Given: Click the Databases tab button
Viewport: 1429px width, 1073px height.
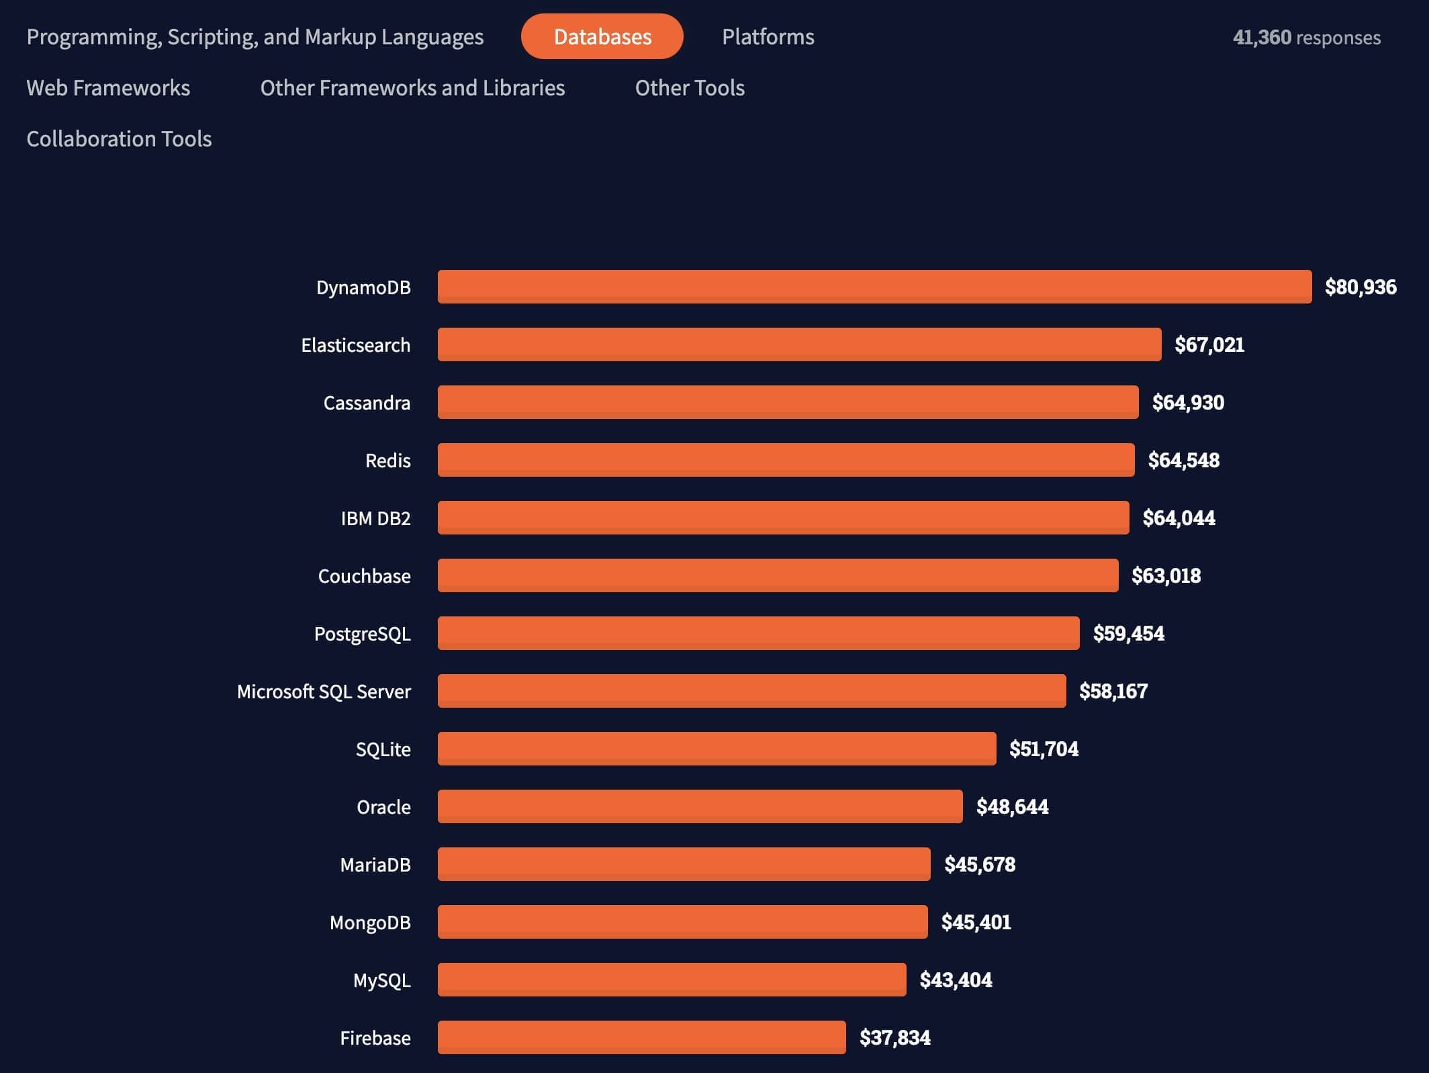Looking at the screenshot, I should [x=602, y=36].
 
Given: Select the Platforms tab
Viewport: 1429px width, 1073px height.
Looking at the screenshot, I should [x=768, y=36].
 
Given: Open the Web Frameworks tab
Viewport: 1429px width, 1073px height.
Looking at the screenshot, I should [x=108, y=88].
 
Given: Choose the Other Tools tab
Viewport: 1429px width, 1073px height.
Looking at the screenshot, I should [x=690, y=88].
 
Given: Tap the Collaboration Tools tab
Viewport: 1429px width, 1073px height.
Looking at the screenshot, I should [x=119, y=139].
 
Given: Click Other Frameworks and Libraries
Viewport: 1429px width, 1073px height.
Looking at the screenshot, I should [x=412, y=88].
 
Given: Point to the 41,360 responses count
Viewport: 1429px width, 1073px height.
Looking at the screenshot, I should [x=1306, y=37].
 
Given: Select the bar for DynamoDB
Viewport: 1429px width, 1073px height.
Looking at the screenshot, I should [x=874, y=287].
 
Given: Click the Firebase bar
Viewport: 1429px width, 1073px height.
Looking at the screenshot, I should [x=641, y=1037].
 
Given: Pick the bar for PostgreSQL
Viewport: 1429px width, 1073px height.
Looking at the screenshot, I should [x=758, y=633].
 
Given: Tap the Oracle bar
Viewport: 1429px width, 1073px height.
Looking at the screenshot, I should [x=700, y=806].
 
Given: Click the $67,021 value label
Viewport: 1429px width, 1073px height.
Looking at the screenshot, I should [x=1209, y=344].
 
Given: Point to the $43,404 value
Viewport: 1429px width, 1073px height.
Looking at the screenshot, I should [x=956, y=980].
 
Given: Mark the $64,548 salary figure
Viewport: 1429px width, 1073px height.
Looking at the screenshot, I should [x=1183, y=460].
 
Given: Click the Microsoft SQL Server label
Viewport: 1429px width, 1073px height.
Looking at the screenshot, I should [x=324, y=692].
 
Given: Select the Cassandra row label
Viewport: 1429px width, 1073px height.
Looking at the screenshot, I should [x=367, y=403].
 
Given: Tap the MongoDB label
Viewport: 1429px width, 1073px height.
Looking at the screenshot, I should [x=370, y=923].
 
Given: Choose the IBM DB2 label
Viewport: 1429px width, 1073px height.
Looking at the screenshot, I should [x=375, y=518].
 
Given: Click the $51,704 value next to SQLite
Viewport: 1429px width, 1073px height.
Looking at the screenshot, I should [x=1044, y=749].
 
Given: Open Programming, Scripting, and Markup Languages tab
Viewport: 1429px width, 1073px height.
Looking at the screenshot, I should [x=255, y=36].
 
